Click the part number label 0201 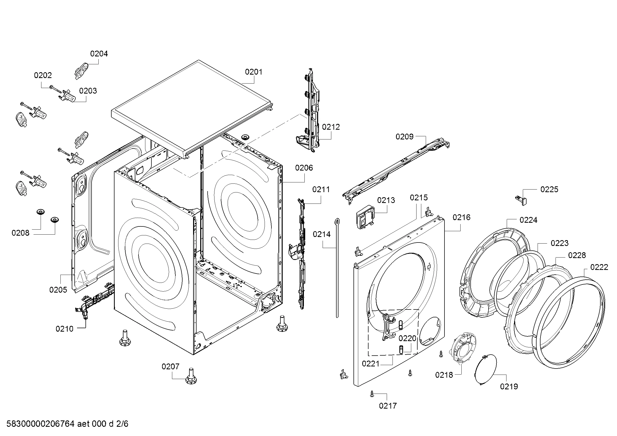[254, 72]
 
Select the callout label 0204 [99, 54]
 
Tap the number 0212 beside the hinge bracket [331, 127]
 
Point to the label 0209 [404, 137]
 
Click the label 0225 [549, 189]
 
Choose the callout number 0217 [388, 406]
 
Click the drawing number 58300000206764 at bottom [40, 424]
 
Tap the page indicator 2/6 [122, 424]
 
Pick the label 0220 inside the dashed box [407, 338]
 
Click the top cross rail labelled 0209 [395, 169]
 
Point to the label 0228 [577, 255]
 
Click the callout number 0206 [304, 168]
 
